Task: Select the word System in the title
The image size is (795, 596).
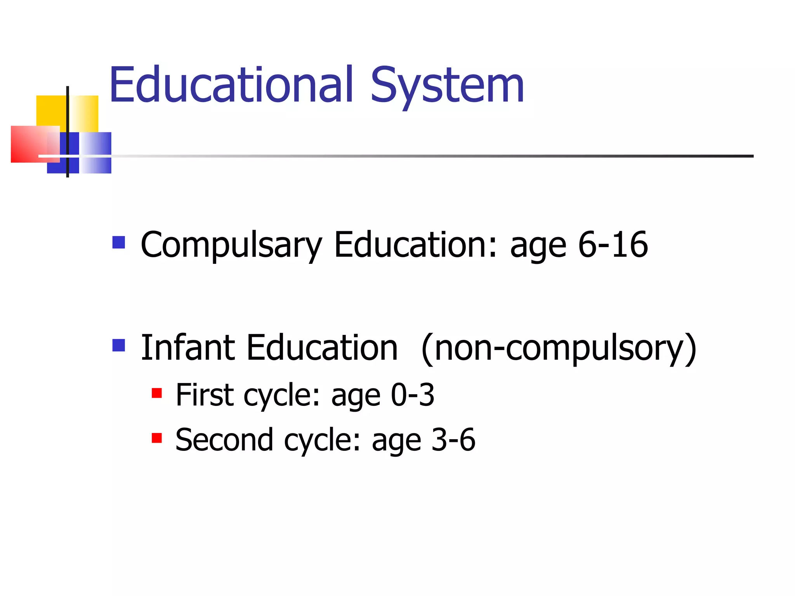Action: (447, 86)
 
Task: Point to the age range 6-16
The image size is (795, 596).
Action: (613, 244)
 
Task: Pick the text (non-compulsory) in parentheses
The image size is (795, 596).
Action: (559, 348)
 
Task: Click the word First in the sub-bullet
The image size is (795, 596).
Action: (205, 395)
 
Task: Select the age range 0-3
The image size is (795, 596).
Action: (412, 395)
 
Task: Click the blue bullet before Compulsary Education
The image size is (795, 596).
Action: (119, 243)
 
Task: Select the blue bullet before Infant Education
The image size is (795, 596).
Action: (119, 345)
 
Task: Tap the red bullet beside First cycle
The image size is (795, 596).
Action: (157, 393)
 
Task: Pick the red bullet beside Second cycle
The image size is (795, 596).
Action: (157, 438)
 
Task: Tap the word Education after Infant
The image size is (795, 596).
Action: (322, 348)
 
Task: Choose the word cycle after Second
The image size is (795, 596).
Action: (323, 441)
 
